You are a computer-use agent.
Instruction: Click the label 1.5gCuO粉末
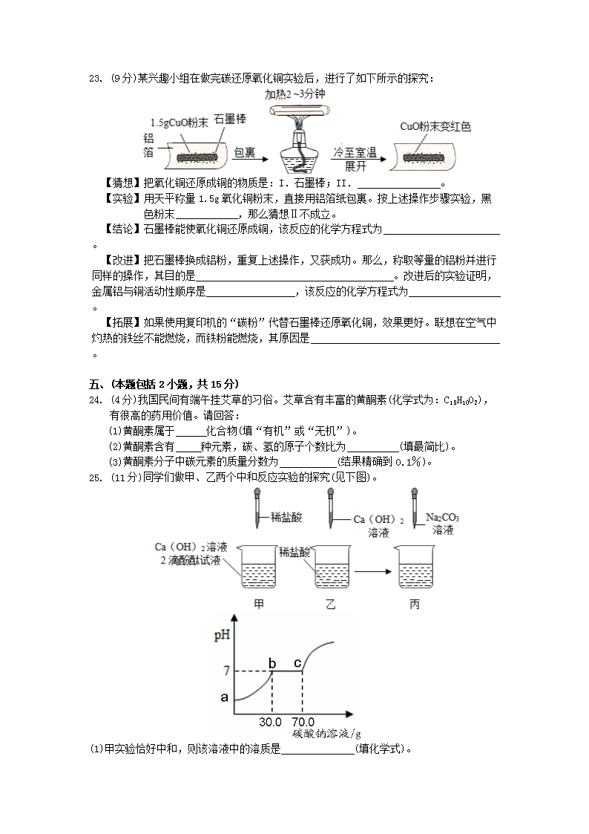click(x=178, y=122)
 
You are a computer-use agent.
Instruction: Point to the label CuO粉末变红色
click(x=435, y=126)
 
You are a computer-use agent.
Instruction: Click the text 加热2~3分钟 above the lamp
click(x=294, y=95)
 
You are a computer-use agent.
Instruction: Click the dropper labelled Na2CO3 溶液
click(x=411, y=509)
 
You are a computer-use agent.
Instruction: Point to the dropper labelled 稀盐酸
click(x=257, y=509)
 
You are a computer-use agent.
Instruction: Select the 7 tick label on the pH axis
click(x=226, y=671)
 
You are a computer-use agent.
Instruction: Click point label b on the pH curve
click(x=272, y=663)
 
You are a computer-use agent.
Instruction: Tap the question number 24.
click(x=94, y=401)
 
